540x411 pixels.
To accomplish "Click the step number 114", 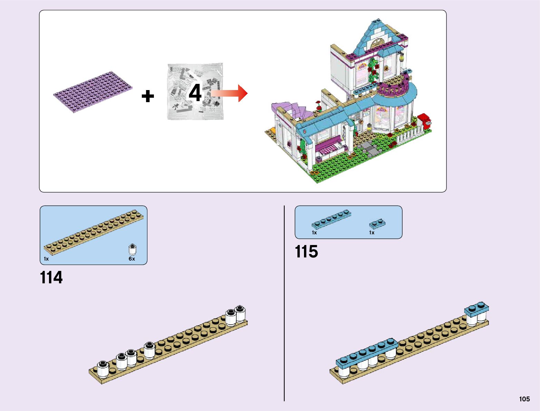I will click(x=51, y=277).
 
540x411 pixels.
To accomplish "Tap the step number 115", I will click(x=306, y=252).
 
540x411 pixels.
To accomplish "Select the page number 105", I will click(x=524, y=399).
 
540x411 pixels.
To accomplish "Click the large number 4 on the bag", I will click(x=195, y=93).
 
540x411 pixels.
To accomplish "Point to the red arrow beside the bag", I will click(x=230, y=93).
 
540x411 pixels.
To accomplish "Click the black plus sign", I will click(x=148, y=96).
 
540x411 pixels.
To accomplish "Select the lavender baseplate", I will click(x=93, y=91).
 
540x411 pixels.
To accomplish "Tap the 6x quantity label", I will click(x=132, y=259).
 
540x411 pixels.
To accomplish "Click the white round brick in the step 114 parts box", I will click(x=132, y=249).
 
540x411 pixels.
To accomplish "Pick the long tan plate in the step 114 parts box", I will click(x=94, y=231).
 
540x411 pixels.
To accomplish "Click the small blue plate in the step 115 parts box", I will click(x=377, y=223).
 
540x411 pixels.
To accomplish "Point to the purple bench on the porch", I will click(x=329, y=146).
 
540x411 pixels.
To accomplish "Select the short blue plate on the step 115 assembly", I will click(x=477, y=309).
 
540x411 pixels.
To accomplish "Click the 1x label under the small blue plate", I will click(x=372, y=233).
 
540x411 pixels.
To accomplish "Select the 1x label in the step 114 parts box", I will click(x=46, y=259).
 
